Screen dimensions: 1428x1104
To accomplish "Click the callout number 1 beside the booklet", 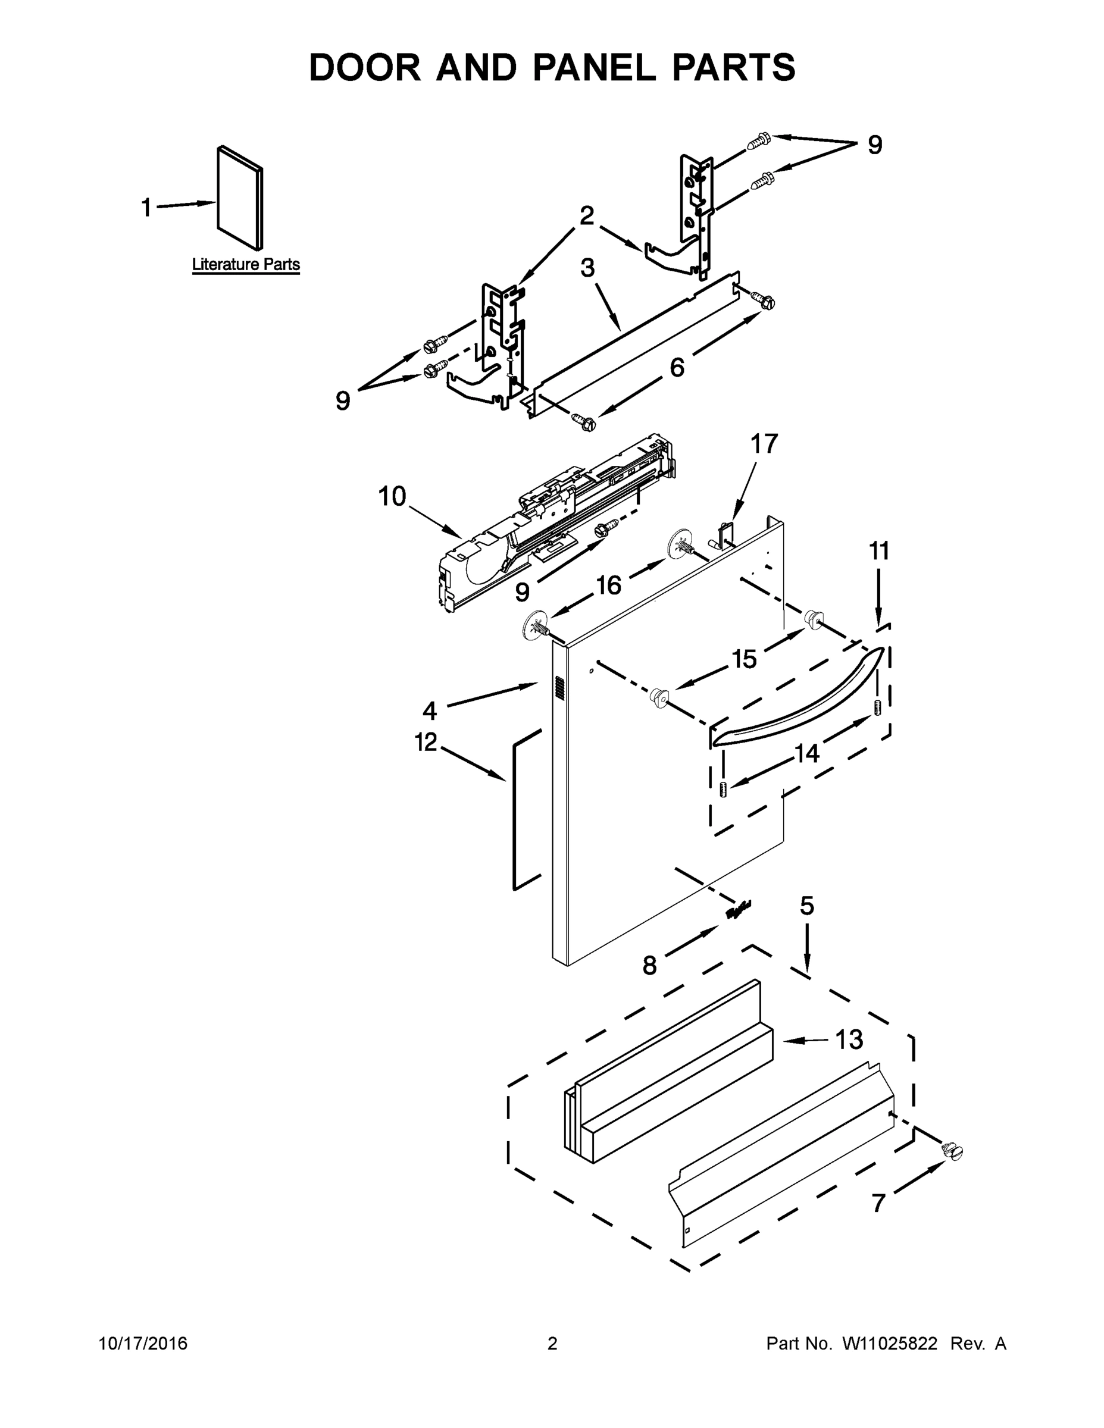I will coord(146,208).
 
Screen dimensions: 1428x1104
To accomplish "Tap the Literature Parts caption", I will coord(246,265).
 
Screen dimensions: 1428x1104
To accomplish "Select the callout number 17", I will coord(763,444).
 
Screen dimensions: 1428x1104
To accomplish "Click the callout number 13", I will coord(849,1039).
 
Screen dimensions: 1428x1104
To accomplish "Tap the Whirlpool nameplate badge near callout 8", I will coord(739,910).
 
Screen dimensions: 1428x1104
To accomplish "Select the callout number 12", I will coord(426,742).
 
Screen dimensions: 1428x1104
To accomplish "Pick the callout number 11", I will coord(879,551).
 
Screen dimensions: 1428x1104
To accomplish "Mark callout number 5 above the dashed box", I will coord(807,906).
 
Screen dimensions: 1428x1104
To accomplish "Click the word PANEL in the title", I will coord(594,68).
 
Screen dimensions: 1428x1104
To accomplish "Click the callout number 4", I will coord(430,710).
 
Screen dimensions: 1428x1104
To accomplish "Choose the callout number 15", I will coord(743,659).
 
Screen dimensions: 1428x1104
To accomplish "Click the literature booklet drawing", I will coord(240,198).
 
